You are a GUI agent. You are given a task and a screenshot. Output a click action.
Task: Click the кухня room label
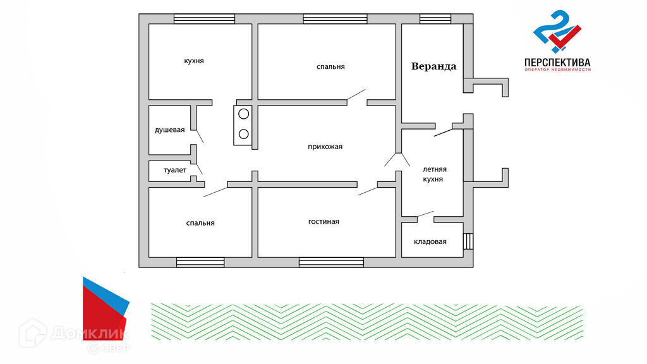[x=194, y=61]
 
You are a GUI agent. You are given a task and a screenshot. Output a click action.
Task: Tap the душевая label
[x=170, y=130]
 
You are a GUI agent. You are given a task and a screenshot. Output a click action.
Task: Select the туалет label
[x=175, y=171]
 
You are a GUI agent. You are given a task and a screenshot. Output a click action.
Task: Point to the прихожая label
[x=325, y=147]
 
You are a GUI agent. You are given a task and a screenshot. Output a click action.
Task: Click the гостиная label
[x=323, y=221]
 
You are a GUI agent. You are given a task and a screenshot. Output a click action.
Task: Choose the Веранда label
[x=433, y=66]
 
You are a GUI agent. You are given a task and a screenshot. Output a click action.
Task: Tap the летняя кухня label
[x=435, y=174]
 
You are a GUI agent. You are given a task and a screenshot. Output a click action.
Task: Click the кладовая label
[x=430, y=241]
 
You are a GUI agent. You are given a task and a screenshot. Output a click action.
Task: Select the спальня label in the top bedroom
[x=330, y=66]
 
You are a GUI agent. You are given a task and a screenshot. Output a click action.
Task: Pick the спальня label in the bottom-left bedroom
[x=200, y=222]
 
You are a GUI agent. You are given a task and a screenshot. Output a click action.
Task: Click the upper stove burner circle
[x=243, y=114]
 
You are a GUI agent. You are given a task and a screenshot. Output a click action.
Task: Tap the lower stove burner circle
[x=243, y=133]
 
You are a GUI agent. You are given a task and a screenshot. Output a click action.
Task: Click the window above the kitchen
[x=204, y=18]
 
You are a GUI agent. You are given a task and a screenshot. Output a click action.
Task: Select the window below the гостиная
[x=331, y=262]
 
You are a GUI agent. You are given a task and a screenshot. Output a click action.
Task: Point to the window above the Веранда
[x=435, y=18]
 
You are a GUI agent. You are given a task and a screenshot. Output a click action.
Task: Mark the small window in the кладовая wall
[x=468, y=241]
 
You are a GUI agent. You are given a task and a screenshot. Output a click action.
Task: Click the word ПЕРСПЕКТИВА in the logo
[x=557, y=63]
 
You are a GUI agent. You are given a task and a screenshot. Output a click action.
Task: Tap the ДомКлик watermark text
[x=88, y=333]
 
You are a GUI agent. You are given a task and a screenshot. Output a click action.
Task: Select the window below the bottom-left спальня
[x=200, y=262]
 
